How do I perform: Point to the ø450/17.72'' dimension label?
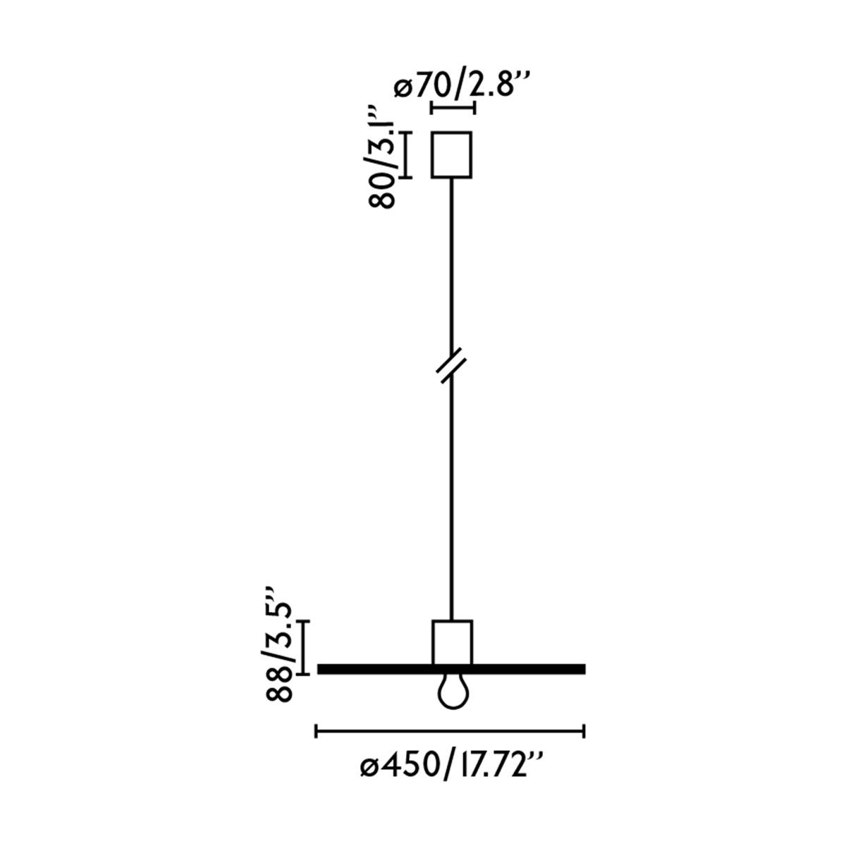451,767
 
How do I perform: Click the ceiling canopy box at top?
451,154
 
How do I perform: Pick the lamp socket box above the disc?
451,642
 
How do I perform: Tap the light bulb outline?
451,692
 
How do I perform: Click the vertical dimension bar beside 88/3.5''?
302,647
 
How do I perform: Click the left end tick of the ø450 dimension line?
316,732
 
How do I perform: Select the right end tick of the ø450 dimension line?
584,732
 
